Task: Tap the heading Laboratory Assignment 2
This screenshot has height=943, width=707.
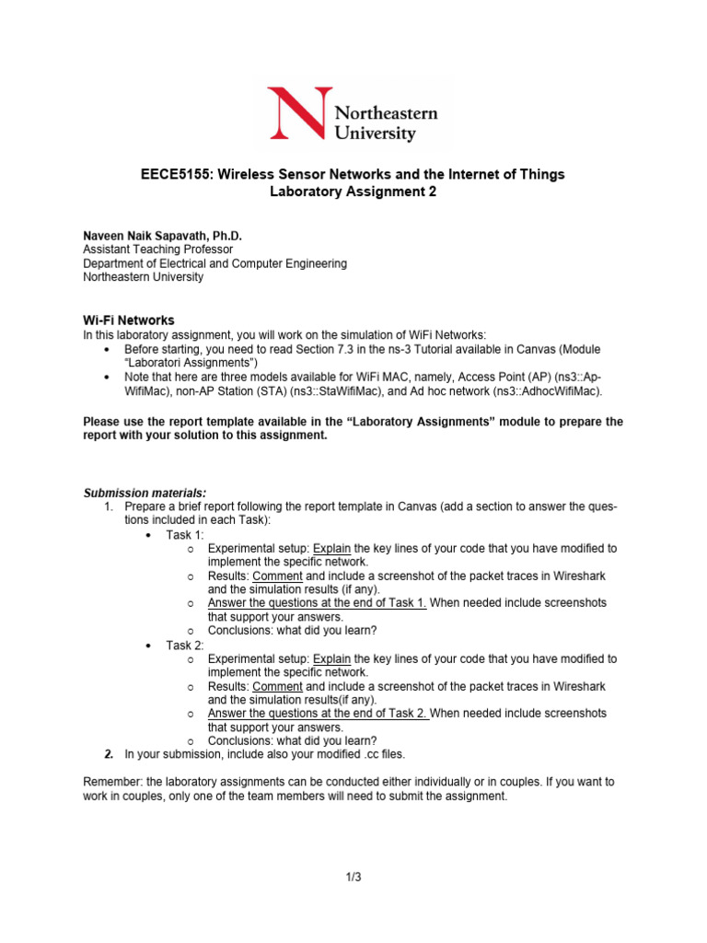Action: (x=353, y=192)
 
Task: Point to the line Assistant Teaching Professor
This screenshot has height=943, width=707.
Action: (x=157, y=250)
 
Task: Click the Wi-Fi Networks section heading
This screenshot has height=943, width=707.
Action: (x=129, y=320)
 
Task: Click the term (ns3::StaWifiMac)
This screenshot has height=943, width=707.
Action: (x=375, y=392)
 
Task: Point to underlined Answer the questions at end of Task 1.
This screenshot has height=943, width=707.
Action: (x=317, y=603)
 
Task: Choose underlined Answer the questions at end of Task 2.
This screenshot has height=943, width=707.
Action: (x=317, y=713)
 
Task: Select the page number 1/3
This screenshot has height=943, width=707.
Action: (x=353, y=877)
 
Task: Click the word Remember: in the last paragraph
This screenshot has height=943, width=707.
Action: (x=113, y=782)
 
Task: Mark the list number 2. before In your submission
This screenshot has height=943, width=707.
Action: (x=109, y=754)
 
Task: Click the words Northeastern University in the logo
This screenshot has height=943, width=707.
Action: (x=386, y=123)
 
